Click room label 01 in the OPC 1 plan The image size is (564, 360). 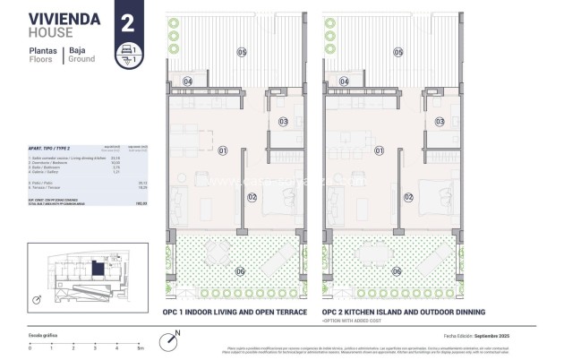coord(222,150)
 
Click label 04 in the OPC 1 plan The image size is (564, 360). coord(188,81)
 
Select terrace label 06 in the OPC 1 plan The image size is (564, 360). coord(240,271)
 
